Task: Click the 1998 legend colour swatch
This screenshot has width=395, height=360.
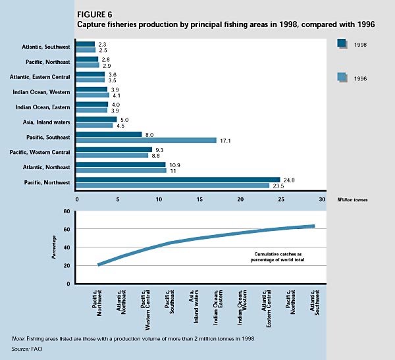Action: pos(342,44)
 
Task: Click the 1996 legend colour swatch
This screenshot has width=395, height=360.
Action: pos(342,78)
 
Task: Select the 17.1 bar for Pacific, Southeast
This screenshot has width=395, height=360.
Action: pos(146,140)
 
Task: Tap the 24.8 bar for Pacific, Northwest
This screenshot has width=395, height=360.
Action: pos(178,179)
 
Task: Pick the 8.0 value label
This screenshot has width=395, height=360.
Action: pos(149,134)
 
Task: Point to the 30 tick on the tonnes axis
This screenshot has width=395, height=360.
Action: pos(322,199)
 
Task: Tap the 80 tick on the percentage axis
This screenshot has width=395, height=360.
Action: pos(66,211)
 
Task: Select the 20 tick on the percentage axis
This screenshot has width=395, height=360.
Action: pos(66,265)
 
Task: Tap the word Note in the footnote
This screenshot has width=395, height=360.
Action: pos(18,338)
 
